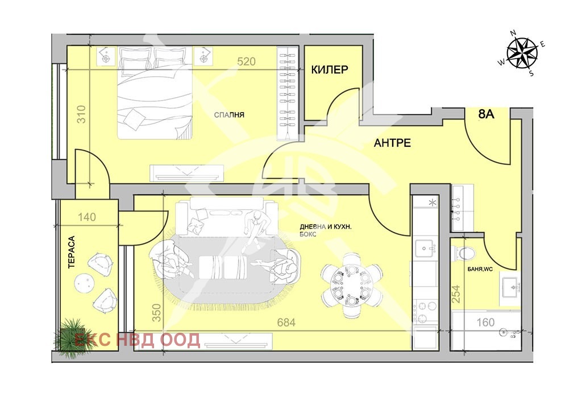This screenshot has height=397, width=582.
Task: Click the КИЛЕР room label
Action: click(329, 69)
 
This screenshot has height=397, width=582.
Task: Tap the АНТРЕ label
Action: click(392, 143)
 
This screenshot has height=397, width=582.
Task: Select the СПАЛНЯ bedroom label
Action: click(229, 115)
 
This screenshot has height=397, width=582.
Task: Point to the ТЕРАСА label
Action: click(71, 252)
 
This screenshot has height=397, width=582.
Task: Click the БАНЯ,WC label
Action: click(480, 269)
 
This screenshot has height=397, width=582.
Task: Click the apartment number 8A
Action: click(486, 114)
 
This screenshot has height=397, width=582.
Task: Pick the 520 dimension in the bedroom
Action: click(247, 61)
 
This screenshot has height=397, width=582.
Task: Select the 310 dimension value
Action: click(81, 114)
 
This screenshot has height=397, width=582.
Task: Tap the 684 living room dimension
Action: click(286, 322)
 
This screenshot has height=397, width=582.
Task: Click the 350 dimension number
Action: click(157, 313)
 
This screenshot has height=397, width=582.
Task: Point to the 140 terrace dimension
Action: click(87, 217)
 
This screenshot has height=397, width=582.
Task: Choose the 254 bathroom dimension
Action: click(456, 293)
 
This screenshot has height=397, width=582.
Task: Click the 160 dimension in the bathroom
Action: click(485, 322)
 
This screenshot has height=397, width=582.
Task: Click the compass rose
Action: click(522, 53)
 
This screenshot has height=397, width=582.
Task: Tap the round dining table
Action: click(351, 284)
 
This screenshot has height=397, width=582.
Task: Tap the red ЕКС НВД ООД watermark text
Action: click(137, 340)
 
